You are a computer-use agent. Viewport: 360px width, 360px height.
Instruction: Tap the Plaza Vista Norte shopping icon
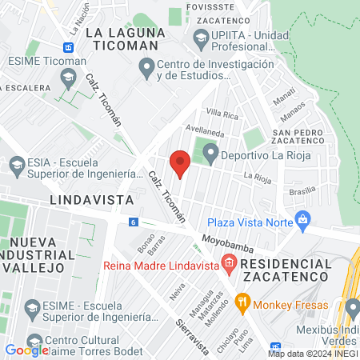302,219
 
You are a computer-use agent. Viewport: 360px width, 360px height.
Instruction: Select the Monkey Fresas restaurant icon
242,303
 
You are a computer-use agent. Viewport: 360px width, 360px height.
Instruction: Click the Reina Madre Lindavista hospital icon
230,262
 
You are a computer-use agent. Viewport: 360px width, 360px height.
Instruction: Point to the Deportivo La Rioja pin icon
210,151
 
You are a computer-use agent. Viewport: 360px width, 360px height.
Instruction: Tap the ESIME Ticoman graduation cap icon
67,78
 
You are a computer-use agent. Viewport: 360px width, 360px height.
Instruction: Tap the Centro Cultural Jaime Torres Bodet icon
33,340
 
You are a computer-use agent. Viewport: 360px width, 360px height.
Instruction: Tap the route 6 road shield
132,222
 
